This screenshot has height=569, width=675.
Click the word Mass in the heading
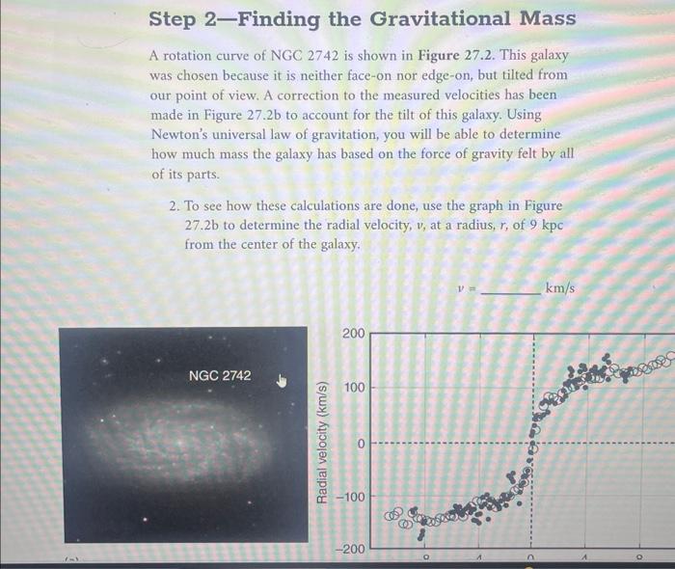coord(544,19)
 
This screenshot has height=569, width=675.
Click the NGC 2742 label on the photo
coord(220,374)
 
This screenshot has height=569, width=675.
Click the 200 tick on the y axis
coord(352,334)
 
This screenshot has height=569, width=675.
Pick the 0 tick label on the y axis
coord(359,444)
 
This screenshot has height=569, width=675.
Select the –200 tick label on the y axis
coord(349,549)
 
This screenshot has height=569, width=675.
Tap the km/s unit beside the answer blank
coord(561,288)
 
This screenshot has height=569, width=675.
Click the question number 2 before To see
coord(173,206)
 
